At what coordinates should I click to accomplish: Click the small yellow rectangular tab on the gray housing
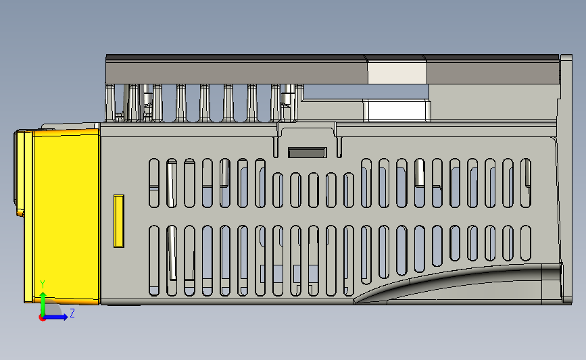click(x=119, y=221)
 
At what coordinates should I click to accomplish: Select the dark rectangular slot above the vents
click(x=308, y=152)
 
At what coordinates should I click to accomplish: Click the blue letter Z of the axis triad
click(x=72, y=313)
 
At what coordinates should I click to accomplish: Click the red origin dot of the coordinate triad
click(x=43, y=317)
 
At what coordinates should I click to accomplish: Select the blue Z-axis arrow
click(x=57, y=317)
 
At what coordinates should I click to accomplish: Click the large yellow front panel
click(x=65, y=216)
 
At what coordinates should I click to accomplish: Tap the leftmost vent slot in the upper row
click(x=153, y=182)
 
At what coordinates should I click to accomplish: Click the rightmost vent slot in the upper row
click(x=526, y=182)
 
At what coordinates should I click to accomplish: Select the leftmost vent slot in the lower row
click(x=153, y=261)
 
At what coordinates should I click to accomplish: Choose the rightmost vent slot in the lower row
click(x=526, y=243)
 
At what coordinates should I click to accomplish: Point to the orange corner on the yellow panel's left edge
click(x=20, y=213)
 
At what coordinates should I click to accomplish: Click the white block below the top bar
click(x=396, y=109)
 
